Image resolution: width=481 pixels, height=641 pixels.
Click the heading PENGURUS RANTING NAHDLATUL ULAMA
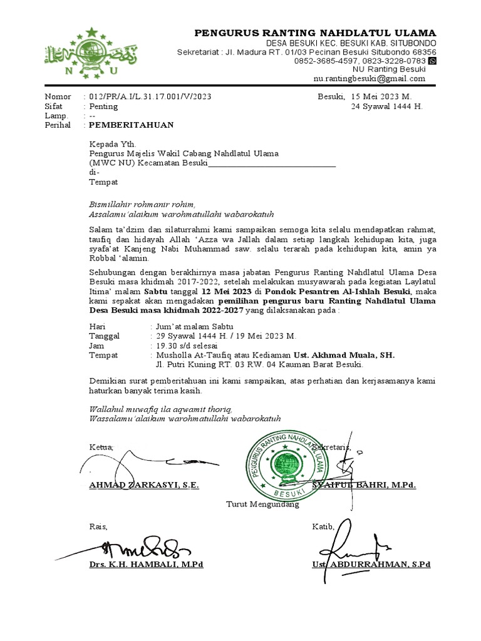pos(316,33)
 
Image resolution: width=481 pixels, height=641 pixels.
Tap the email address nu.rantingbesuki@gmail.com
pos(370,79)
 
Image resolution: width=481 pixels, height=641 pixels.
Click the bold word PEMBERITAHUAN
pos(132,125)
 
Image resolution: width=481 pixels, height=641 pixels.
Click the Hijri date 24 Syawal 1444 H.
pos(386,106)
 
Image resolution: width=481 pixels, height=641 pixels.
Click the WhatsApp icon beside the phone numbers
pos(432,61)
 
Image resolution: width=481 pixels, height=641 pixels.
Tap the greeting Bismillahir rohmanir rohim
pos(142,204)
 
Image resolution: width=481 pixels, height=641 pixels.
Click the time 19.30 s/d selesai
pos(186,346)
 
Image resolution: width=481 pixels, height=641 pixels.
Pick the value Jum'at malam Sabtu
pos(194,327)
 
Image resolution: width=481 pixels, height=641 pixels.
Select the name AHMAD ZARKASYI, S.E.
pos(144,485)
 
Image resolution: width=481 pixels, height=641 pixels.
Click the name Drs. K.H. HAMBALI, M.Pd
pos(146,564)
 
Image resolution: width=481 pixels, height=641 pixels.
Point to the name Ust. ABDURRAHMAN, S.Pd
pos(371,564)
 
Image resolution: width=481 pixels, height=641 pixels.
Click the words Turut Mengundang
pos(262,504)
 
